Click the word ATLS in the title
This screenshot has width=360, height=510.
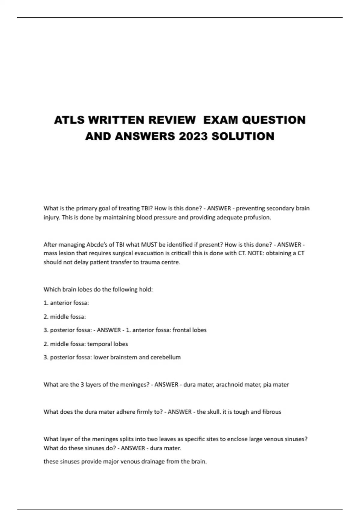coord(69,120)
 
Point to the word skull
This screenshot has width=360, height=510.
coord(214,412)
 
